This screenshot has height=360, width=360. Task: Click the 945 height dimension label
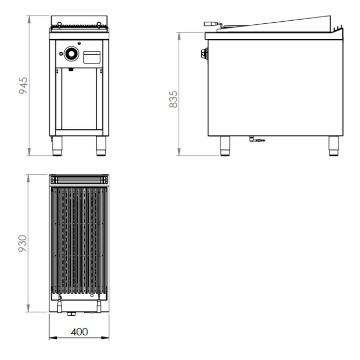coord(24,85)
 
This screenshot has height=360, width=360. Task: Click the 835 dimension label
coord(173,99)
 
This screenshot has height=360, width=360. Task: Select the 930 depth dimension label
coord(23,243)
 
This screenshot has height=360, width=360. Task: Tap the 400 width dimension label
coord(79,332)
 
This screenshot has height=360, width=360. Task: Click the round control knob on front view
coord(71,54)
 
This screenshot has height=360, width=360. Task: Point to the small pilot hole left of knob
coord(61,54)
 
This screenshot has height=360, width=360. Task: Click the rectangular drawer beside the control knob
coord(92,57)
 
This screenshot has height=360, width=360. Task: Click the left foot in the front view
coord(57,146)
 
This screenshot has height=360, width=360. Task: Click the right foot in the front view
coord(101,146)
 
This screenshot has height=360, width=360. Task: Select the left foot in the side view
coord(225,146)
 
